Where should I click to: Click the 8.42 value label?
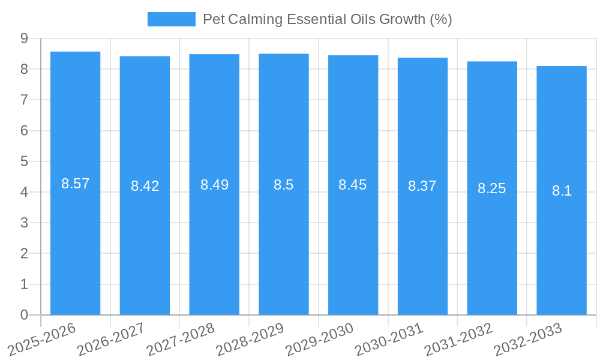(x=145, y=186)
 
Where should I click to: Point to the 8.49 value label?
(x=214, y=185)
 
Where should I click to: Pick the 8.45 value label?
(x=353, y=185)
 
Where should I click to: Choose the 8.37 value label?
(x=422, y=186)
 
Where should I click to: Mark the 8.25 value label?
(x=492, y=188)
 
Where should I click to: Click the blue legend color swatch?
(x=172, y=19)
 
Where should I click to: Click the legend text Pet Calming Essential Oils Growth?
(x=327, y=19)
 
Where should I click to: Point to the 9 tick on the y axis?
(x=24, y=38)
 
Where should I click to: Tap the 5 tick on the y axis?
(x=24, y=161)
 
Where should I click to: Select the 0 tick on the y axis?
(x=24, y=315)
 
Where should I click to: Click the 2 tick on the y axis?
(x=24, y=254)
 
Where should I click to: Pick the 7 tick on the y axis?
(x=24, y=100)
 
